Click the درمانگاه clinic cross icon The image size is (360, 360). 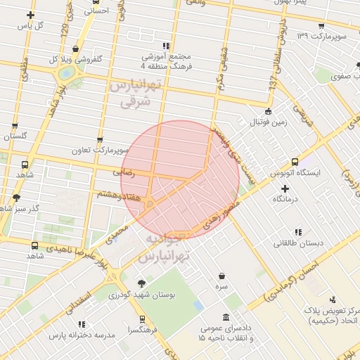tap(284, 188)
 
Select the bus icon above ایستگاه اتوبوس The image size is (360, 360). tap(295, 162)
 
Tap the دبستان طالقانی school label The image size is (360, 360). tap(298, 243)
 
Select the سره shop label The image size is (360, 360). tap(222, 288)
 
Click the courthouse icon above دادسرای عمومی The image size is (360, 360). tap(225, 317)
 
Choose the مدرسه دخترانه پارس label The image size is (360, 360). tap(79, 335)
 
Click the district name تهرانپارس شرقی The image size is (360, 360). tap(136, 93)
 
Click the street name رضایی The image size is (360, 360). tap(123, 171)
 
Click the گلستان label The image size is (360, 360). tap(15, 136)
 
